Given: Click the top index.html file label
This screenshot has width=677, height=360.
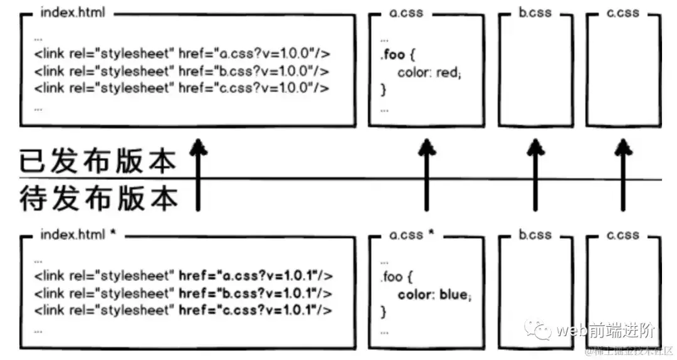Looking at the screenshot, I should (73, 13).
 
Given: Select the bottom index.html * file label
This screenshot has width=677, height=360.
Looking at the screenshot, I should (78, 235).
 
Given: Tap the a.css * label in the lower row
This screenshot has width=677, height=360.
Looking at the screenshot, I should (412, 235).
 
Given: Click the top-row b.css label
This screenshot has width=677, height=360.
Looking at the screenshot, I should (534, 13).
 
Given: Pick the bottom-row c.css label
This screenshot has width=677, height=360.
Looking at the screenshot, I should (622, 235).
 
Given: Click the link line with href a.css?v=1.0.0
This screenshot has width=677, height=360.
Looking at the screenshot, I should (182, 54).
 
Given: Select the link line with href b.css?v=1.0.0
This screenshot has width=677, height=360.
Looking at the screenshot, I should (182, 71).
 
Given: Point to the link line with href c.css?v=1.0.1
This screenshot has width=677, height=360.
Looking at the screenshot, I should (183, 310).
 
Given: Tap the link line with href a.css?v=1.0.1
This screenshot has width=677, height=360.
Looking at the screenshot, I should (183, 275).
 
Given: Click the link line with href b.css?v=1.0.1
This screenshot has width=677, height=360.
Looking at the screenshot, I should (183, 293).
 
